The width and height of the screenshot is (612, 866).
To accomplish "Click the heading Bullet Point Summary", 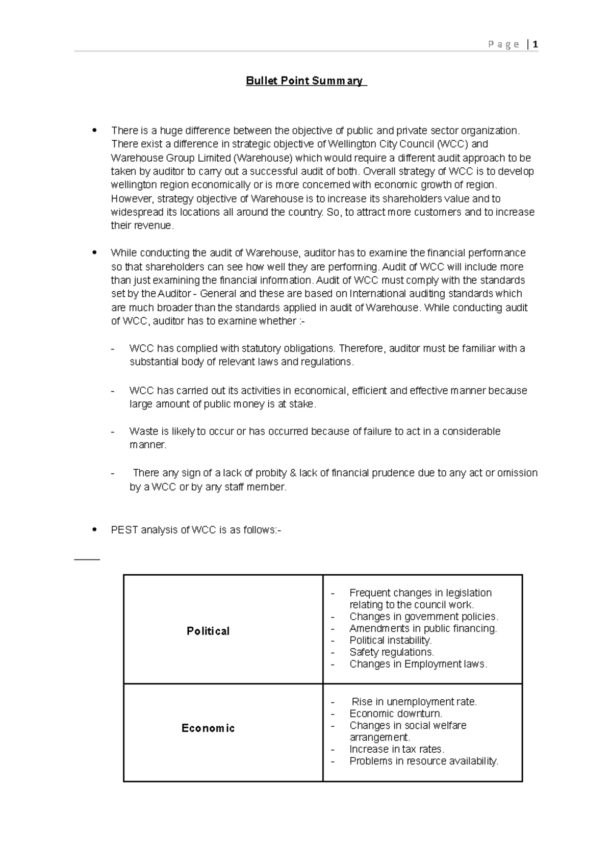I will pos(305,81).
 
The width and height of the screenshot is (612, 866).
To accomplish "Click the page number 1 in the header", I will pos(535,44).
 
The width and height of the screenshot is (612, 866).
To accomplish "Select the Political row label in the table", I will pos(208,631).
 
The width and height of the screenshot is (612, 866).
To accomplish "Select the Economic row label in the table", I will pos(208,728).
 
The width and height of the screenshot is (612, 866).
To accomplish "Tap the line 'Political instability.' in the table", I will pos(390,640).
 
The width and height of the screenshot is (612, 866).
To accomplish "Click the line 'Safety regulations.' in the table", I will pos(391,652).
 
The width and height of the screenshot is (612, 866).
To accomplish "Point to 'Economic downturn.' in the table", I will pos(395,714).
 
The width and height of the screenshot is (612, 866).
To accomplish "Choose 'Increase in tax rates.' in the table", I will pos(397,749).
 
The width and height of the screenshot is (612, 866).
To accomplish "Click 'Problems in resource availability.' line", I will pos(424,761).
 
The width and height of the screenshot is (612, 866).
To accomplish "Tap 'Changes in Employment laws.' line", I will pos(418,664).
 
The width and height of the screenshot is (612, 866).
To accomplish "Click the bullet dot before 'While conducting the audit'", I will pos(94,253).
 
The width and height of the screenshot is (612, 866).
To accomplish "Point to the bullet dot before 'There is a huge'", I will pos(94,130).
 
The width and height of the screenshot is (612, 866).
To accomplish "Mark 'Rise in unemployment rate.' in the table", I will pos(414,702).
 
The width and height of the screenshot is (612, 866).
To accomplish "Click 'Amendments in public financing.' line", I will pos(423,628).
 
